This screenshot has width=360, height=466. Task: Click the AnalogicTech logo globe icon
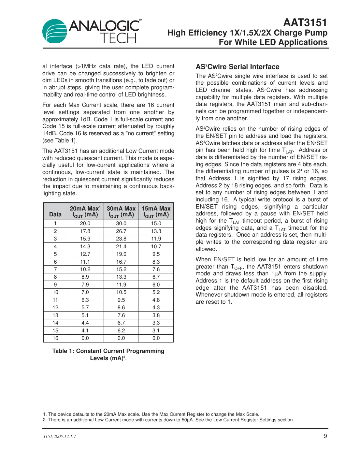point(55,31)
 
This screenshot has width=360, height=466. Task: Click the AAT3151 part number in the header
point(305,22)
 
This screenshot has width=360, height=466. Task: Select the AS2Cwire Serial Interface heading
point(238,67)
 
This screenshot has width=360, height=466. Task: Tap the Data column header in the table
point(55,214)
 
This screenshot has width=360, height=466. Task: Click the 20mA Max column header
point(85,211)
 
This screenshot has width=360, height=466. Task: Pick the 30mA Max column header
point(121,211)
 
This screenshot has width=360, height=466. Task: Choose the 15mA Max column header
point(156,211)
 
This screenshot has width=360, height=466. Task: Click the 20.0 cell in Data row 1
point(85,224)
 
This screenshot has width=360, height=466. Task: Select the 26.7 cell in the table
point(121,231)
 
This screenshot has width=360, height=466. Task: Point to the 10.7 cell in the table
point(156,247)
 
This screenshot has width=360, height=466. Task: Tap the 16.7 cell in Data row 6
point(121,262)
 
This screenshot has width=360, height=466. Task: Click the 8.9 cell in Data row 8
point(85,277)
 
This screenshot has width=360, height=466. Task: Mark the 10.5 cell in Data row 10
point(121,292)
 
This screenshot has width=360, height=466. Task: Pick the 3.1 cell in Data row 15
point(156,330)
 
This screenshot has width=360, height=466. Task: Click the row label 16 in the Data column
point(55,338)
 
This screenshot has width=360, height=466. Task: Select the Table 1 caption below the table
point(108,355)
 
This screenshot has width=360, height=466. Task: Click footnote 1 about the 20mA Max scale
point(151,414)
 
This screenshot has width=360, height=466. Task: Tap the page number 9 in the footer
point(325,436)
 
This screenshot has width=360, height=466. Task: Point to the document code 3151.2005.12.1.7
point(59,436)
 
